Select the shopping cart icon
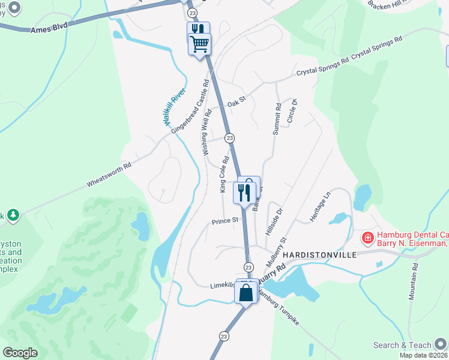(199, 43)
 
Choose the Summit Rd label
(277, 120)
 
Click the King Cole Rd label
(224, 175)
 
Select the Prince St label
(225, 221)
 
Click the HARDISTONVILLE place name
(324, 255)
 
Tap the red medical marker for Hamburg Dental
(367, 238)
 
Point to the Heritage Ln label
(320, 207)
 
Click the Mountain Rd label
(414, 280)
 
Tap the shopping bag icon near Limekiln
(246, 293)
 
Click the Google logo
(20, 352)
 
